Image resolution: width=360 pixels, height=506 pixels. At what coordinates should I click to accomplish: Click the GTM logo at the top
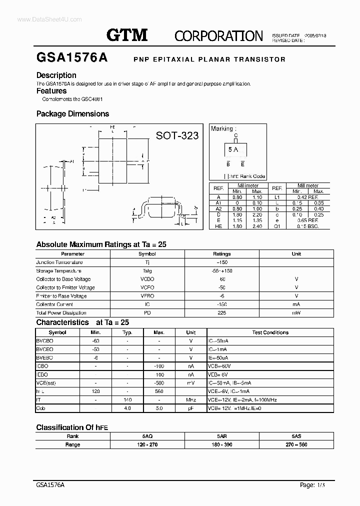127,34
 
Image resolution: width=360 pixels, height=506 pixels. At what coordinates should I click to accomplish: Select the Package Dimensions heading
72,114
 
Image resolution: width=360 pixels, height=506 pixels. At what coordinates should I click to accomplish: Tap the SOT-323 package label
177,135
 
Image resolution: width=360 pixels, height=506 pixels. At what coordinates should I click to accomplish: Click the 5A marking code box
233,149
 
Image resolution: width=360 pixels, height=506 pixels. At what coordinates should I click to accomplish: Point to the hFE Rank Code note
245,176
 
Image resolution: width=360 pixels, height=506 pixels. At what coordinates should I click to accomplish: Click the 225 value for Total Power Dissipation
222,313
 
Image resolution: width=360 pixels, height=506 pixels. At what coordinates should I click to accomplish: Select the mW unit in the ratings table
296,313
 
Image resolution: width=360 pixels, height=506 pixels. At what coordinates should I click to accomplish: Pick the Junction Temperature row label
59,262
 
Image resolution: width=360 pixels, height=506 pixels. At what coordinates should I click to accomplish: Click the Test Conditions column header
270,332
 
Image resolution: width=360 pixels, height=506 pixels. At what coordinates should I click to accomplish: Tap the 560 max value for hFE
159,391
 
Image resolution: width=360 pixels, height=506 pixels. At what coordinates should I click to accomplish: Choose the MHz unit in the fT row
190,400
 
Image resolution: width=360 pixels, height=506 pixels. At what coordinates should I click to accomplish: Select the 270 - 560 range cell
296,445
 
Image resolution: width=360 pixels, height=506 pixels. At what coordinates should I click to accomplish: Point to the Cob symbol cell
41,408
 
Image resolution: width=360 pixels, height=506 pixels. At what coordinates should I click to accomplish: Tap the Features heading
51,91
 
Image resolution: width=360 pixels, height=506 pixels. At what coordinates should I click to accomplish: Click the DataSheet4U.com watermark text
49,19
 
